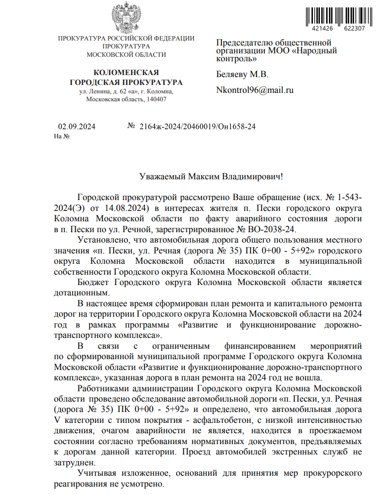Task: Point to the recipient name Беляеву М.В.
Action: coord(242,75)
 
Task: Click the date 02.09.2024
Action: coord(77,126)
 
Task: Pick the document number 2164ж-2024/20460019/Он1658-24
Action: coord(198,126)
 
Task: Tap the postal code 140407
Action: coord(156,99)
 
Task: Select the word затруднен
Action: coord(74,463)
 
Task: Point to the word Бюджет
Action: coord(94,282)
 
